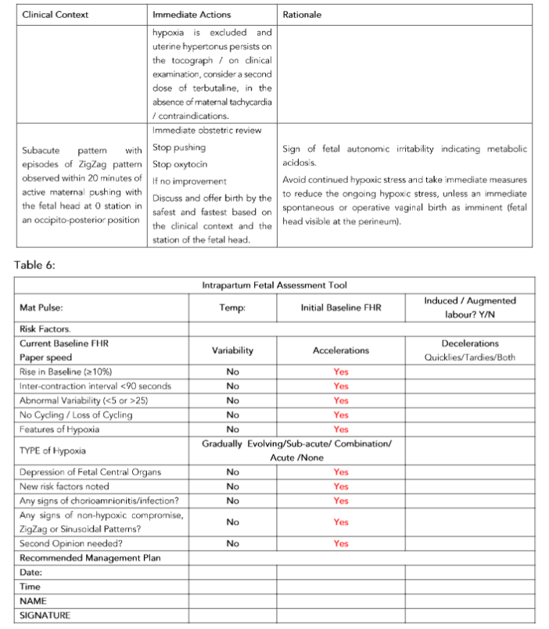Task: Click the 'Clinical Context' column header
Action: [56, 15]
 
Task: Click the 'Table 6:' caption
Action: [35, 264]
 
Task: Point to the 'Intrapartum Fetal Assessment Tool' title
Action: [275, 286]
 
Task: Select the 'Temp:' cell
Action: [232, 308]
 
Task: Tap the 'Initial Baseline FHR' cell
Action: [341, 308]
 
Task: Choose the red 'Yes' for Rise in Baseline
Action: [341, 372]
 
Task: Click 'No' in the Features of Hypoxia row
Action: [232, 429]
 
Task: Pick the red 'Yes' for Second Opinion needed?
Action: [341, 543]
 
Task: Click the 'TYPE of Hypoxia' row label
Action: [53, 451]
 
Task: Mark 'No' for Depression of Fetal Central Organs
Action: [232, 472]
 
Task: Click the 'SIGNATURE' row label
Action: [45, 615]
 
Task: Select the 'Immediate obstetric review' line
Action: [206, 130]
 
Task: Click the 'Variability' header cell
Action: [232, 350]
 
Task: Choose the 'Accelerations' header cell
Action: [341, 350]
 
